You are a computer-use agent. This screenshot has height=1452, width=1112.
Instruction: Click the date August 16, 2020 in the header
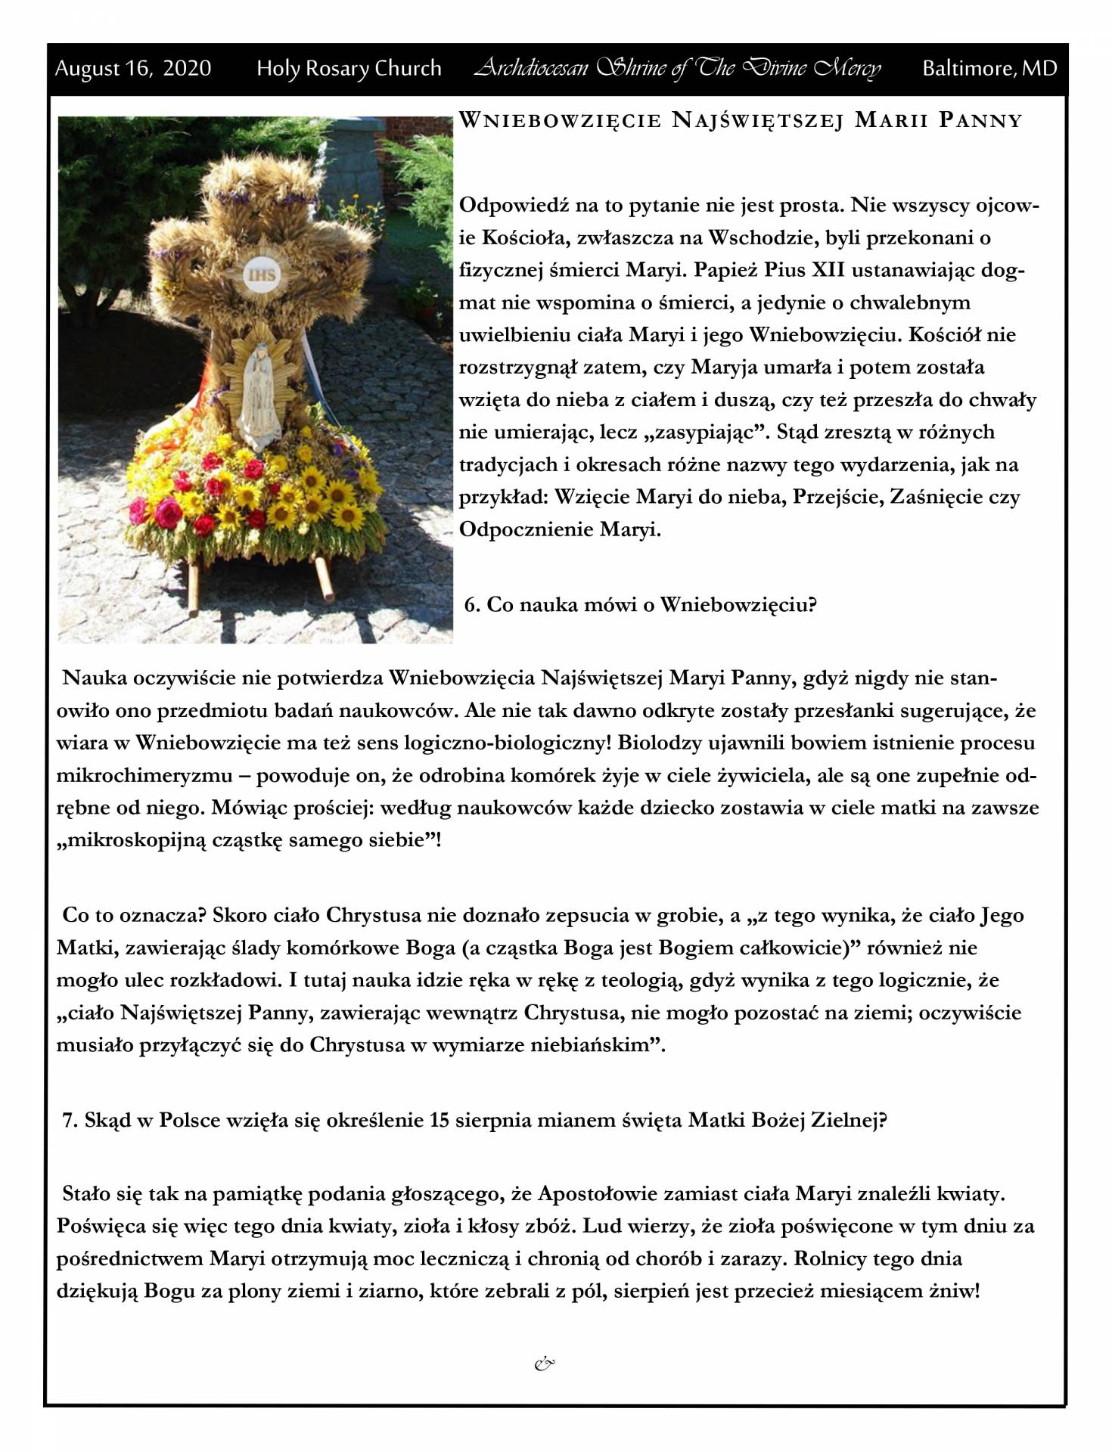click(x=133, y=69)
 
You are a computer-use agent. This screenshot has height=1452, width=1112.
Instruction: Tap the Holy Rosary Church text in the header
click(x=349, y=69)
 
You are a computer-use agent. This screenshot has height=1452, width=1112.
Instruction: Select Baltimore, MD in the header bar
click(x=989, y=69)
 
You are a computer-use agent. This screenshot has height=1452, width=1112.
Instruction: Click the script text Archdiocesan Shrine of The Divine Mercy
click(x=677, y=69)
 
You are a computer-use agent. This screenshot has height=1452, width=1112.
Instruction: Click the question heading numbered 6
click(x=640, y=604)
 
